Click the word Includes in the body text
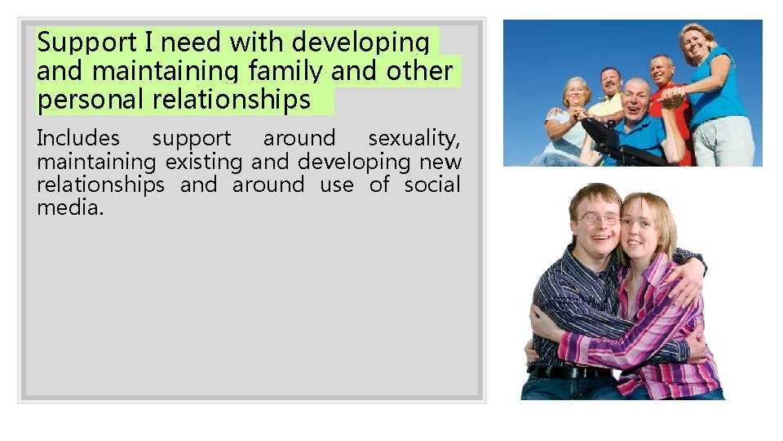[77, 139]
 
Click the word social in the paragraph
[432, 185]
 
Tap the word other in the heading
[419, 71]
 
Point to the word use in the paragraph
[336, 185]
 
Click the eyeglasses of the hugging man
[598, 218]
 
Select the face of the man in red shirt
[661, 70]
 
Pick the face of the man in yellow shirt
[610, 82]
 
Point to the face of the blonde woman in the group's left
[575, 95]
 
